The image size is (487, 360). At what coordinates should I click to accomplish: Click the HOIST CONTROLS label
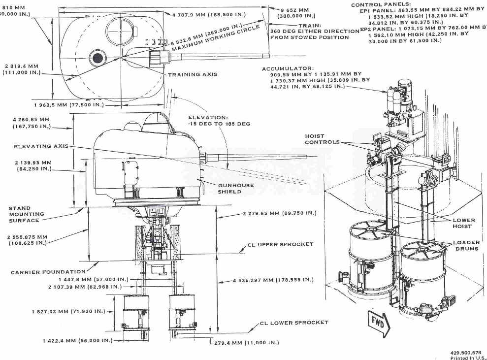322,139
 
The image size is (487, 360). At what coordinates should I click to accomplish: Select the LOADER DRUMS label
466,246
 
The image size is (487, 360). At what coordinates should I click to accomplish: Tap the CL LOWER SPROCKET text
293,323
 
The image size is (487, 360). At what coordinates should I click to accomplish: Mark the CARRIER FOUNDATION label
48,272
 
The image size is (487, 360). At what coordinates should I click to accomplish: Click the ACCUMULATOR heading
287,69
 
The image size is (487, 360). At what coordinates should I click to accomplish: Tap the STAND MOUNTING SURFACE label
27,214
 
